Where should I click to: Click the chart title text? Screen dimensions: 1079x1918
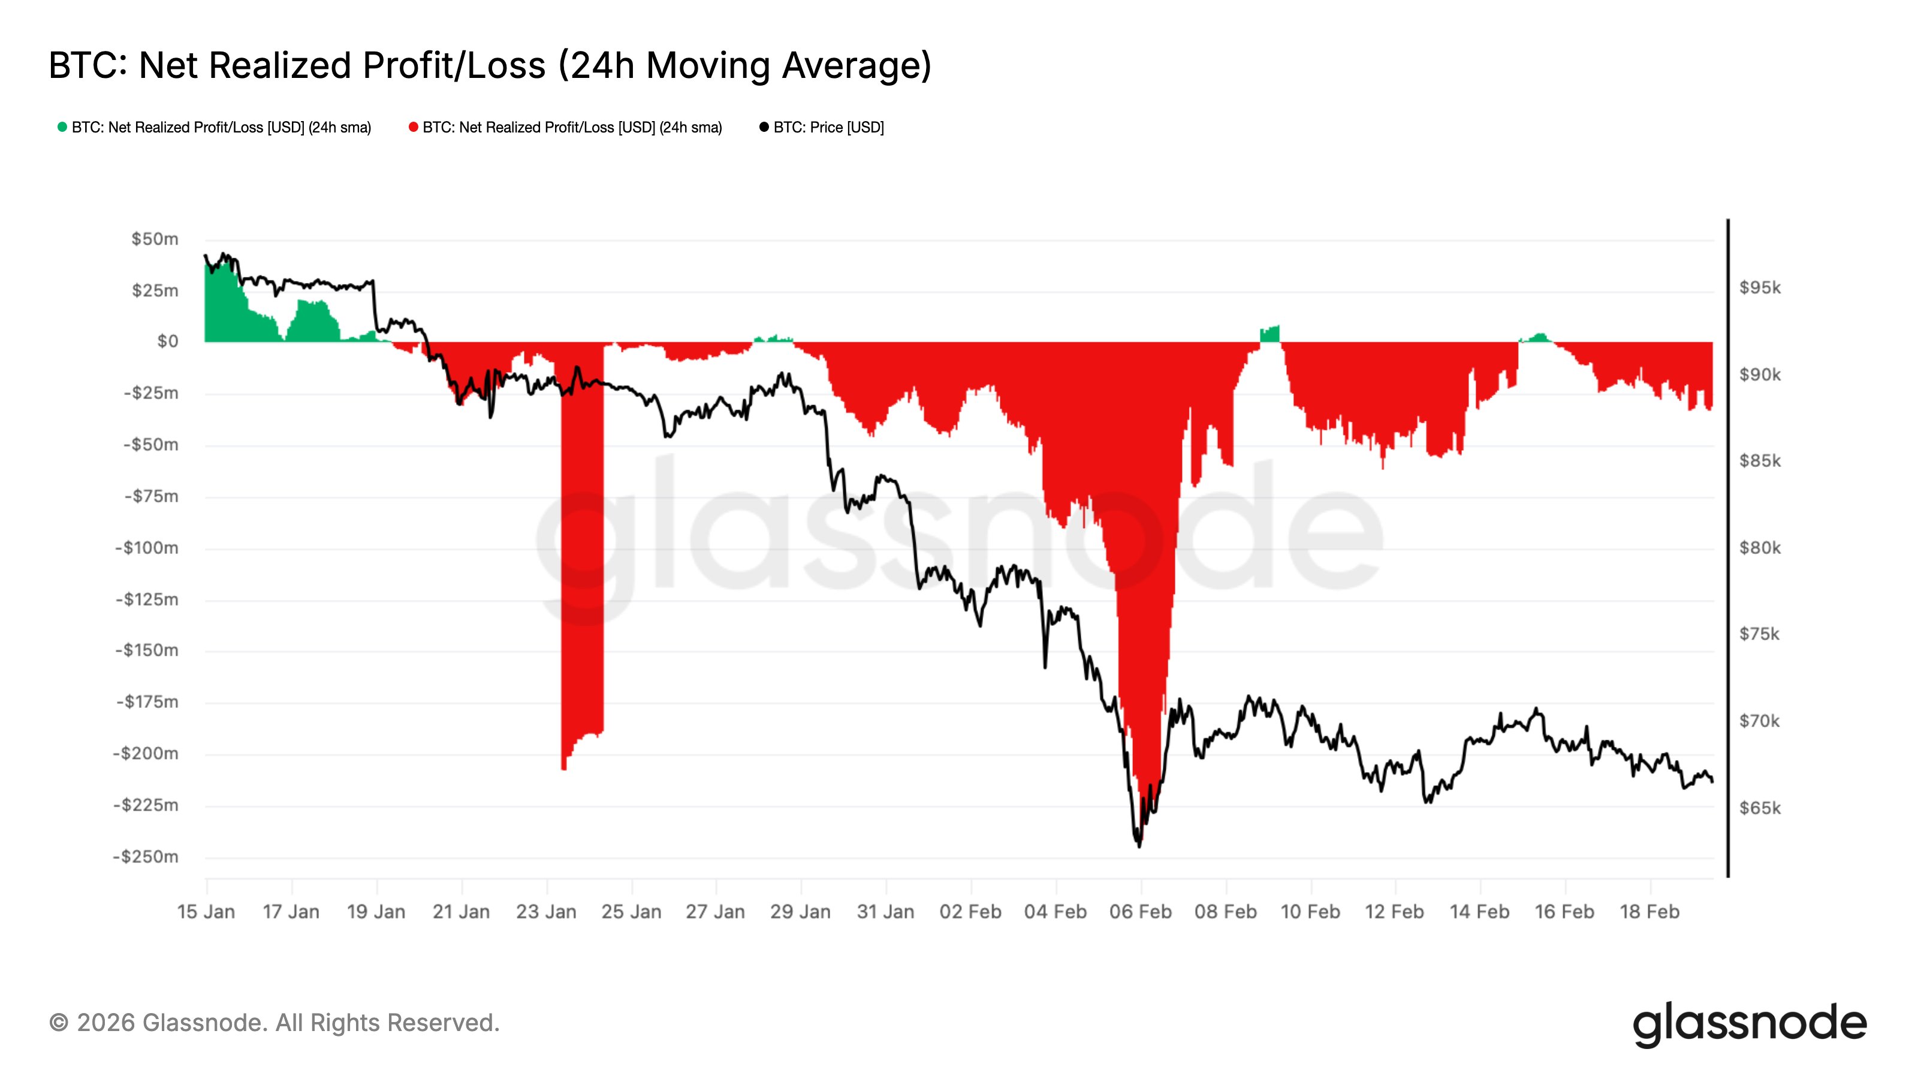click(490, 65)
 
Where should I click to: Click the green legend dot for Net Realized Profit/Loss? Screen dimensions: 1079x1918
click(62, 127)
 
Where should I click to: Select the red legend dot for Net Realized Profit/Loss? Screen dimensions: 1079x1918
click(413, 127)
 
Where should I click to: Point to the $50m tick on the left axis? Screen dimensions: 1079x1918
click(155, 239)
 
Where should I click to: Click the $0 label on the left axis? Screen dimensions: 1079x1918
click(168, 342)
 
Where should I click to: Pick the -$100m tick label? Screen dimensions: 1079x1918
click(147, 548)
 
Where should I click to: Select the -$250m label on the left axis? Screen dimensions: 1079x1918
click(146, 857)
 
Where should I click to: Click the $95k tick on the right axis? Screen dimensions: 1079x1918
click(1759, 288)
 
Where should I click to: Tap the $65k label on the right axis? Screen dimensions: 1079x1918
click(1759, 808)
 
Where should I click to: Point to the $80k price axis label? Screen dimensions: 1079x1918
click(1759, 548)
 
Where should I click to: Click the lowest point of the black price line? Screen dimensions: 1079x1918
click(1139, 845)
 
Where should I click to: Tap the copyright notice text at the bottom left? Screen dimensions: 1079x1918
click(274, 1023)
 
